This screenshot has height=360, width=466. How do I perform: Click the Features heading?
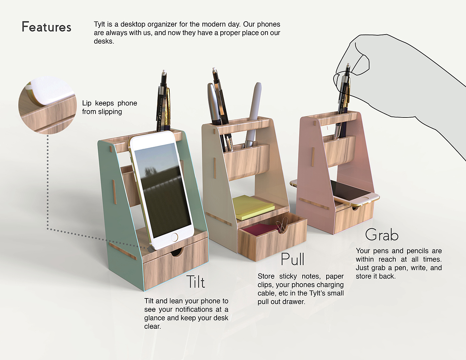point(46,27)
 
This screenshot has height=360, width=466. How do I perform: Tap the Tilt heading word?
point(196,282)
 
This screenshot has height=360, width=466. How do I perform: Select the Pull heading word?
point(293,259)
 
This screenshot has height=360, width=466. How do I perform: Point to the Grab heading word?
point(382,235)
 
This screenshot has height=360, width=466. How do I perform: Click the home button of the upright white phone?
point(174,237)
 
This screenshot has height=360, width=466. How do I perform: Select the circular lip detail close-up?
point(47,105)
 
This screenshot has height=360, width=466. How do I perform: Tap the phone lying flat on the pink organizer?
point(335,193)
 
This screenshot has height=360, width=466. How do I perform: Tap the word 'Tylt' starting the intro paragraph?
point(99,24)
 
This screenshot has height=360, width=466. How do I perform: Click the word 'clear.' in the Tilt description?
point(152,326)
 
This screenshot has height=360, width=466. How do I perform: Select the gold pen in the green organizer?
point(168,109)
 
